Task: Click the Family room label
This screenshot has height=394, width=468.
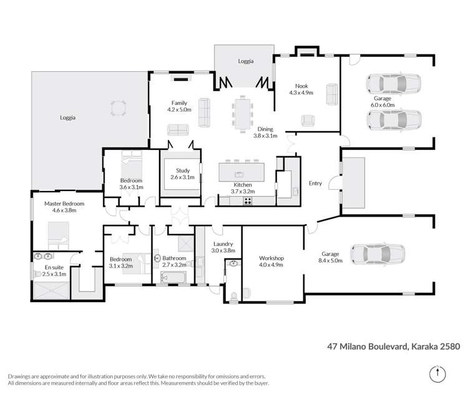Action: point(179,103)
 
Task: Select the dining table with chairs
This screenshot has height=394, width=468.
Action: point(242,114)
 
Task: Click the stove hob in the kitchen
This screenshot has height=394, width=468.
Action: point(248,200)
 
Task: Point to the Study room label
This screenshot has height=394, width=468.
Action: point(182,170)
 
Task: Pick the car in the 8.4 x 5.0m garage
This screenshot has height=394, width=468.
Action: point(378,254)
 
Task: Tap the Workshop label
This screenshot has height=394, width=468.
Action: point(271,258)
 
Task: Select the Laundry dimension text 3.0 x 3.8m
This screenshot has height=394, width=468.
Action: point(223,250)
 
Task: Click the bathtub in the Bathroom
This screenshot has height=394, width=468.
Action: point(174,277)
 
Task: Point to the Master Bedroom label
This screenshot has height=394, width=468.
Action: point(64,204)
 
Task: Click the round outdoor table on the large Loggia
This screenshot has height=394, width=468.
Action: point(117,109)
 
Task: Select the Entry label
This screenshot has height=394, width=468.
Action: point(315,184)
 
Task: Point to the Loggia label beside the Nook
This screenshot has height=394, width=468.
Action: point(245,61)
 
